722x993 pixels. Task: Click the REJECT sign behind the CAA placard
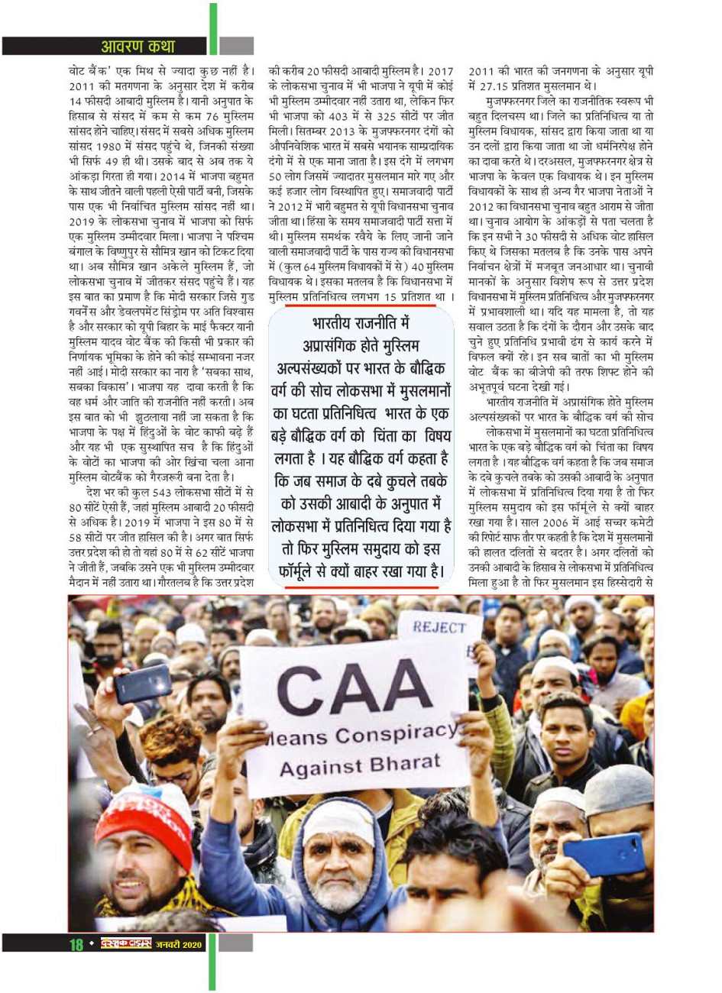439,627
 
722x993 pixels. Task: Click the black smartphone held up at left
142,682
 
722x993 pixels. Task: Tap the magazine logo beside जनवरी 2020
125,945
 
